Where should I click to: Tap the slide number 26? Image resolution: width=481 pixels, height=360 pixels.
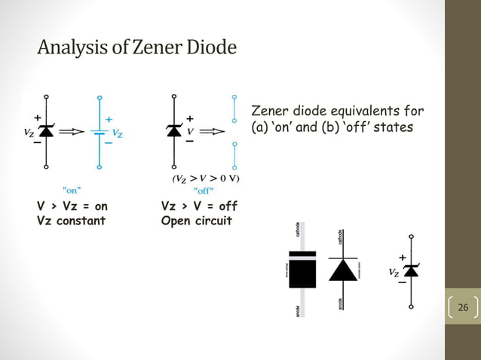[463, 307]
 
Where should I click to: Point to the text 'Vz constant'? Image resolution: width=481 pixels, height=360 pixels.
[71, 221]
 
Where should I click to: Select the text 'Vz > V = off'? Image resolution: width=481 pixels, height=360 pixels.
[199, 206]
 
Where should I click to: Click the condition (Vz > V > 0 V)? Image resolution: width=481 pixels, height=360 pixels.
[206, 178]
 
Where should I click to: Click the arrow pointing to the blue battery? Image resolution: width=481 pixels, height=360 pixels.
[72, 132]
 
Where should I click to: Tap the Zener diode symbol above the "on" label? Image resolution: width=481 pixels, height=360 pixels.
[46, 131]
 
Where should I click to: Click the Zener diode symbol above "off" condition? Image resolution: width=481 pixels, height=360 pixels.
[174, 131]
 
